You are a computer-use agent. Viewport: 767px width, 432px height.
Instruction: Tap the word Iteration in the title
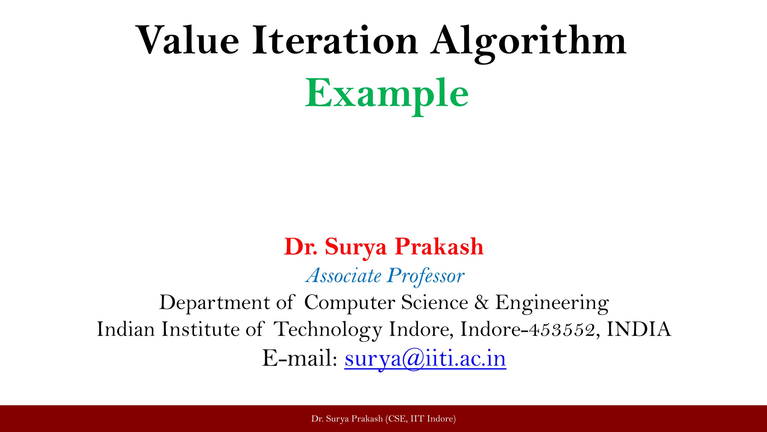pyautogui.click(x=335, y=40)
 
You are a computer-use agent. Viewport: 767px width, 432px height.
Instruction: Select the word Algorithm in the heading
pyautogui.click(x=528, y=41)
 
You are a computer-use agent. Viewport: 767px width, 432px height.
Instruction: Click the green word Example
pyautogui.click(x=386, y=94)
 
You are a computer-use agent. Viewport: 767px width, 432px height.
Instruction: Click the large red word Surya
pyautogui.click(x=356, y=247)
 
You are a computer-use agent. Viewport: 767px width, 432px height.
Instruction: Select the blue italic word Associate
pyautogui.click(x=343, y=276)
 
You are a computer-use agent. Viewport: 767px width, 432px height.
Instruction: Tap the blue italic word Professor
pyautogui.click(x=426, y=276)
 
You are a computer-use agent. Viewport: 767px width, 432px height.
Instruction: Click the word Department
pyautogui.click(x=215, y=302)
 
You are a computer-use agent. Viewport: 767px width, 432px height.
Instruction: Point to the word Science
pyautogui.click(x=434, y=302)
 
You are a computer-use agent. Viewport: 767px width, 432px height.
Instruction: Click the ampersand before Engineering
pyautogui.click(x=482, y=302)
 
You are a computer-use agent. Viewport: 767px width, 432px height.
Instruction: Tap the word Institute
pyautogui.click(x=201, y=329)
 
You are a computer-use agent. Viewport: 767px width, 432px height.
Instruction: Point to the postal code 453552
pyautogui.click(x=561, y=330)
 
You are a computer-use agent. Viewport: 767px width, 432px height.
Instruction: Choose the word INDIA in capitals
pyautogui.click(x=639, y=329)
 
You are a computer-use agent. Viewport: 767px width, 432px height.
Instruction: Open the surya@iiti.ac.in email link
pyautogui.click(x=425, y=358)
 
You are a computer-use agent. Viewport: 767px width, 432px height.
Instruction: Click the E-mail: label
pyautogui.click(x=300, y=358)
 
